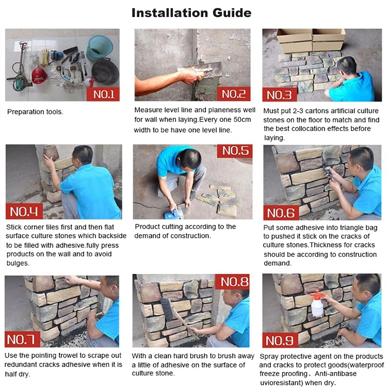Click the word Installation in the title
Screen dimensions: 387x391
tap(169, 13)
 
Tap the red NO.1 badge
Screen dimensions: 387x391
tap(103, 94)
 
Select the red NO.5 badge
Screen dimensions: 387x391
tap(235, 151)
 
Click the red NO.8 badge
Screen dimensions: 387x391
tap(232, 282)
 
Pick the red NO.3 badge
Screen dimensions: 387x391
tap(280, 95)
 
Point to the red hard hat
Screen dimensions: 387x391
tap(39, 75)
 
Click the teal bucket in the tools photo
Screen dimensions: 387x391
tap(99, 48)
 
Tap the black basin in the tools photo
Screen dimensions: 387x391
tap(105, 72)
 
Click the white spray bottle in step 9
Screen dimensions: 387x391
tap(317, 304)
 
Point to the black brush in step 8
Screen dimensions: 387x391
tap(167, 309)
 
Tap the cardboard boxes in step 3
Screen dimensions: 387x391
tap(311, 40)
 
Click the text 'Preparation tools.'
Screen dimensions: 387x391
tap(35, 112)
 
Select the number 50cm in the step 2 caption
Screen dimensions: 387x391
tap(242, 120)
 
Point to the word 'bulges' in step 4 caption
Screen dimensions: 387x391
tap(17, 263)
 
